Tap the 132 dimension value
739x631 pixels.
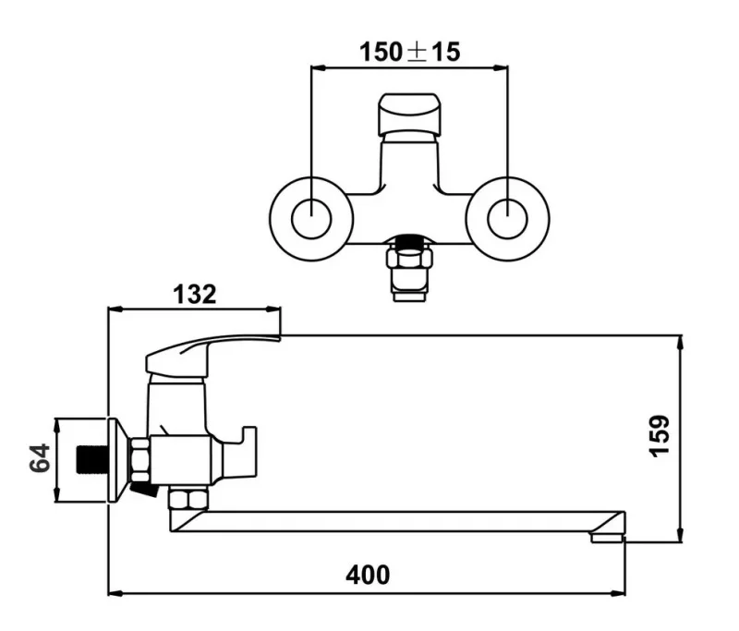[x=194, y=295]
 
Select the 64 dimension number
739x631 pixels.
[x=40, y=459]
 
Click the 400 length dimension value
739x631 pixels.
[x=368, y=575]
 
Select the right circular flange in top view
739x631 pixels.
[x=506, y=219]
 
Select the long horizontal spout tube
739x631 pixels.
[x=388, y=522]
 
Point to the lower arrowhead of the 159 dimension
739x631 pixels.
[x=681, y=535]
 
